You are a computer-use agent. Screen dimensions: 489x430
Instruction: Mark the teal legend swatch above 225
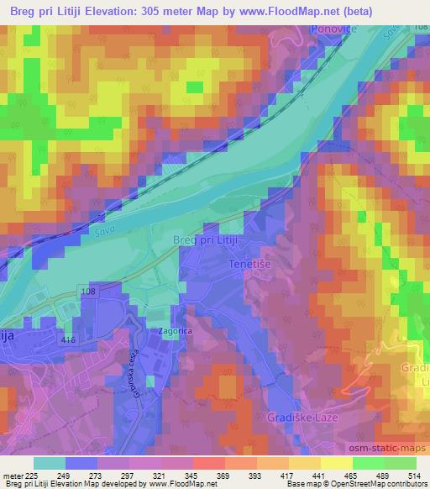coord(49,463)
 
